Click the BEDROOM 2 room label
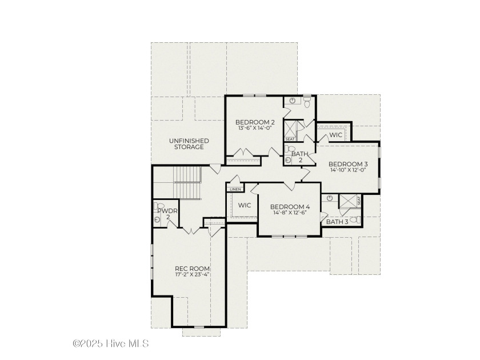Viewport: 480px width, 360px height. click(255, 122)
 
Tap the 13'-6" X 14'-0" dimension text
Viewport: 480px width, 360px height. click(255, 128)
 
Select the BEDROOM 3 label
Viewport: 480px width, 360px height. click(348, 164)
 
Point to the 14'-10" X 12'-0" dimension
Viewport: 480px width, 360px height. click(348, 170)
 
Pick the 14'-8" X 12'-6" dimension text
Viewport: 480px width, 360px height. click(290, 213)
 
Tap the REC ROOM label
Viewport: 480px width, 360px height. click(192, 269)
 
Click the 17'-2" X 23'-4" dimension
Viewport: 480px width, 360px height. click(192, 275)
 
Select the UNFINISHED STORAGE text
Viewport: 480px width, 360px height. click(189, 144)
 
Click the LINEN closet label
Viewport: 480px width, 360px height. click(235, 190)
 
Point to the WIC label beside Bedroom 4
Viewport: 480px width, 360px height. click(245, 205)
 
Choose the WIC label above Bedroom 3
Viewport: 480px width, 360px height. click(335, 135)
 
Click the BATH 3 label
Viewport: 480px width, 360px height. click(337, 222)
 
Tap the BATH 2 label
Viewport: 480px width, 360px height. click(301, 157)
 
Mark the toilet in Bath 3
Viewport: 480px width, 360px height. click(355, 219)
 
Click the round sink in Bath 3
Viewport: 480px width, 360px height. click(329, 198)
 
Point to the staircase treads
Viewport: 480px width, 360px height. click(187, 182)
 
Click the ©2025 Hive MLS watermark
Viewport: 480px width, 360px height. click(110, 343)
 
